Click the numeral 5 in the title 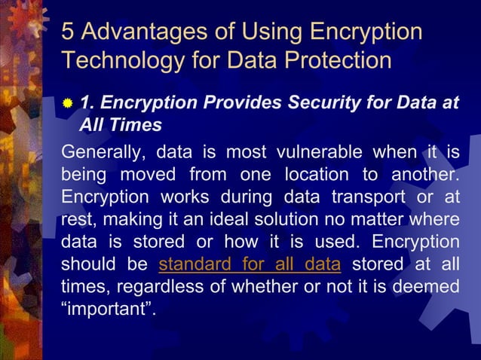(x=68, y=32)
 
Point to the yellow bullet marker (x=68, y=104)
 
